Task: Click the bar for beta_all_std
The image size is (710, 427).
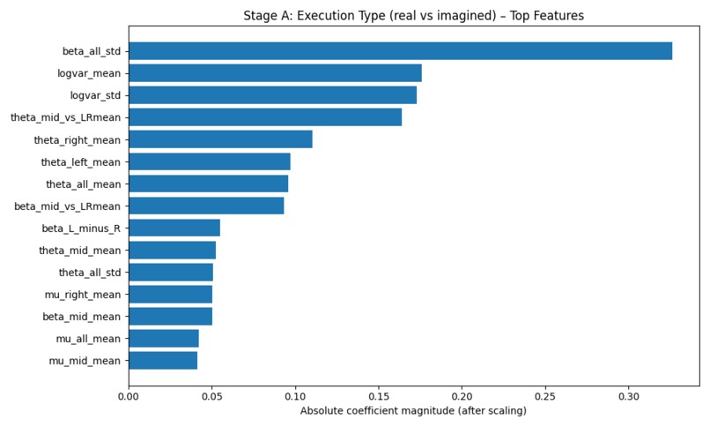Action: coord(400,51)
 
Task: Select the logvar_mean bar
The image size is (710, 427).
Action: coord(276,73)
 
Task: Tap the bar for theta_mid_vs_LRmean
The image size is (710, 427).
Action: coord(265,117)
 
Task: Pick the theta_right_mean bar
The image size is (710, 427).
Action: coord(220,139)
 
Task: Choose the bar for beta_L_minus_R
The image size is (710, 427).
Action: coord(174,228)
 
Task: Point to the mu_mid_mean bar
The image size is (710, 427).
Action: coord(163,360)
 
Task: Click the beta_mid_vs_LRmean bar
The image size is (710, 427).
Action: coord(206,206)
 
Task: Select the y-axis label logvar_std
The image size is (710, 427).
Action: coord(95,95)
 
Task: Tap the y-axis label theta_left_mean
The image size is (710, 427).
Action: coord(81,162)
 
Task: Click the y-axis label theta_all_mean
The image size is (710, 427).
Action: coord(84,184)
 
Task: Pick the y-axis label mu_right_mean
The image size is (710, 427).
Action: coord(83,295)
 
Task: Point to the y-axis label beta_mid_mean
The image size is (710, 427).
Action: coord(82,317)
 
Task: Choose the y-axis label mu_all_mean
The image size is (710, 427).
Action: coord(89,339)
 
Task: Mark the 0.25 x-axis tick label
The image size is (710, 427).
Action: coord(545,397)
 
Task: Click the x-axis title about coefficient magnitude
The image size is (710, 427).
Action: coord(413,411)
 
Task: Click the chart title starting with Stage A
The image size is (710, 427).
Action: coord(413,15)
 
